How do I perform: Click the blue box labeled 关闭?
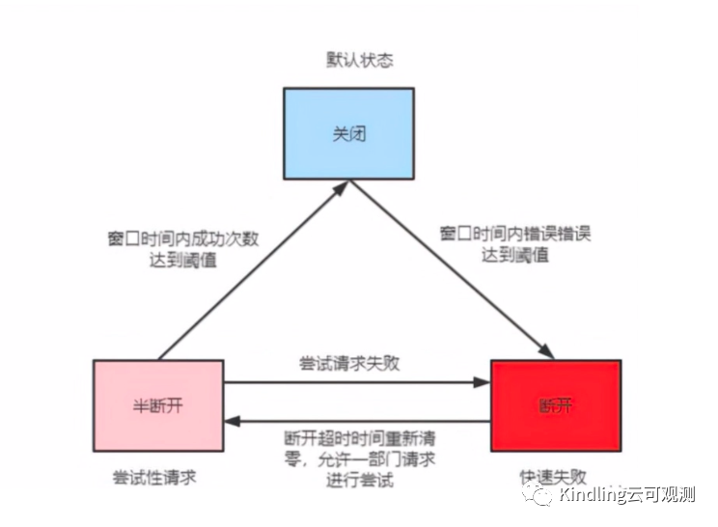click(x=348, y=135)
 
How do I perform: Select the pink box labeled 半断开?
click(x=158, y=405)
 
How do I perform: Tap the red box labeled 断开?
click(x=555, y=405)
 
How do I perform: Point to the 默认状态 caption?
click(x=359, y=60)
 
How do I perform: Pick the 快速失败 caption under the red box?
click(x=552, y=477)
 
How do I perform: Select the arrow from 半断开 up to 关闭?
click(x=251, y=270)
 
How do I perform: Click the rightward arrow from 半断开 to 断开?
click(x=357, y=383)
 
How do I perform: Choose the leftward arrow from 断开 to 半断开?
click(x=357, y=421)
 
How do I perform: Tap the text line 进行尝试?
click(x=358, y=481)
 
